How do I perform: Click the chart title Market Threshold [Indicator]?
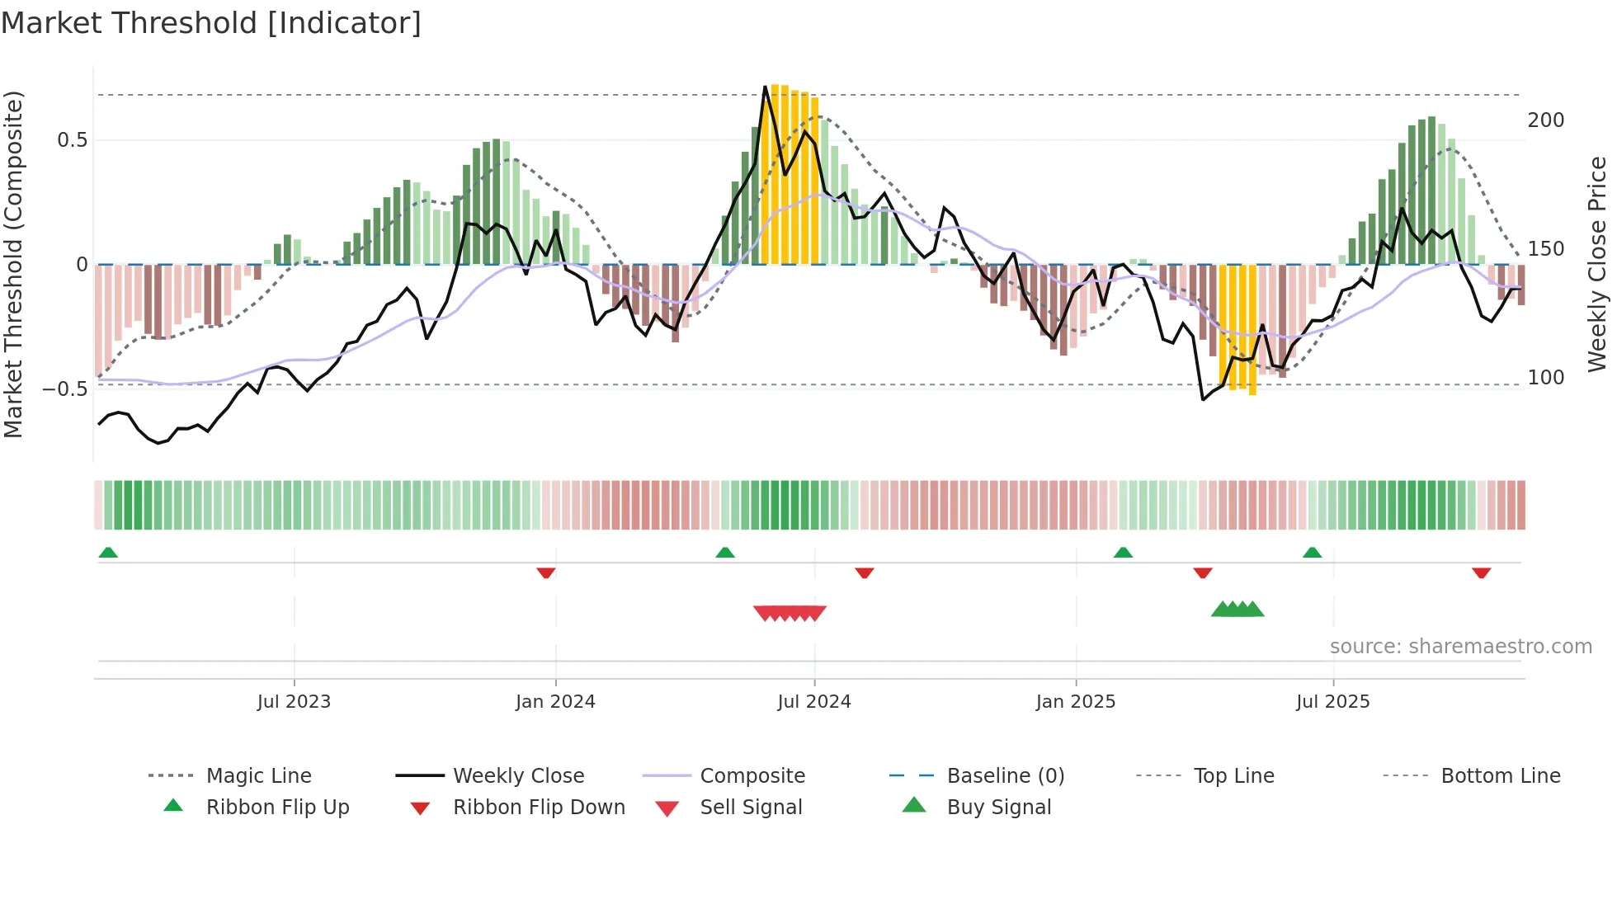click(211, 23)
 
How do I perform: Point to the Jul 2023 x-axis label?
click(294, 702)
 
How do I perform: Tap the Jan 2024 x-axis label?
click(555, 702)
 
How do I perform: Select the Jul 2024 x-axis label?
click(814, 702)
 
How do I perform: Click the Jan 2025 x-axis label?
click(1076, 702)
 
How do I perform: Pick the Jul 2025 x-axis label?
click(1333, 702)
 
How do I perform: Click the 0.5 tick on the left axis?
click(73, 140)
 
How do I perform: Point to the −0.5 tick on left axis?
click(66, 389)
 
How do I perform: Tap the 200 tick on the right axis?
click(1546, 120)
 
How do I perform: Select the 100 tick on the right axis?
click(1546, 378)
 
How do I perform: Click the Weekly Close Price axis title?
click(1598, 264)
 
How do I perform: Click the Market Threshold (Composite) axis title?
click(14, 264)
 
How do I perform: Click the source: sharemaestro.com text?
click(1460, 647)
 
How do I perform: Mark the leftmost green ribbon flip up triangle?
click(108, 553)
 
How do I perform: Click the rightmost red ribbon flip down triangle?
click(1481, 572)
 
